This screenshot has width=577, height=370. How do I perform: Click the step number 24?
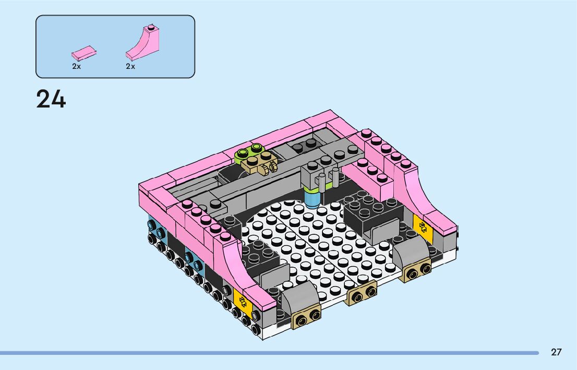[51, 99]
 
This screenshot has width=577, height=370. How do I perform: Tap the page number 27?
[556, 352]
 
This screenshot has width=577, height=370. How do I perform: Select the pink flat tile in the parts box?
[84, 53]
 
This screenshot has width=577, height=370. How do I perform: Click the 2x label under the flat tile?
[77, 67]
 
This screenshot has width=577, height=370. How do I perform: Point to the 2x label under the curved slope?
[130, 67]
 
